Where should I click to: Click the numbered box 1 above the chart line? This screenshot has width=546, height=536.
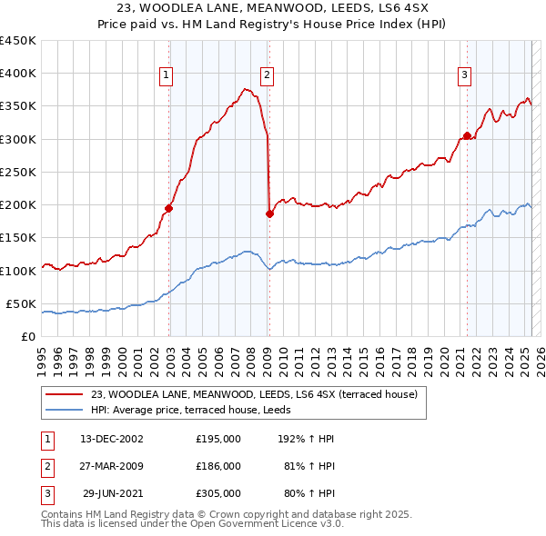point(168,75)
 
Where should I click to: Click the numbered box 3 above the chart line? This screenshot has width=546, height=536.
point(464,75)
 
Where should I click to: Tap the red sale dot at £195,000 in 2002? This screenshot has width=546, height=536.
point(169,208)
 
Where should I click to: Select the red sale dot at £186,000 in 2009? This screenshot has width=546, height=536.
point(269,214)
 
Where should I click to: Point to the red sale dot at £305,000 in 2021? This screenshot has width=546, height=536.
point(467,136)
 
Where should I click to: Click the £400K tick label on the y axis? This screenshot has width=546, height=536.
point(18,74)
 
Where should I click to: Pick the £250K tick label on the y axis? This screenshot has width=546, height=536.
point(18,172)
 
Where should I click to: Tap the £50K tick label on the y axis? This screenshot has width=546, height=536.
point(22,303)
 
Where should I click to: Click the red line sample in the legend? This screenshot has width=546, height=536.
point(64,394)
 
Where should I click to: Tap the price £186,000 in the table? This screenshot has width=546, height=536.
point(218,465)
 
